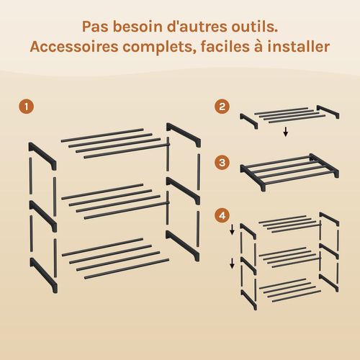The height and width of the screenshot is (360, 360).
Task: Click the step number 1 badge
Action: point(27,107)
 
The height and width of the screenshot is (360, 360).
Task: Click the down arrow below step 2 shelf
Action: point(286,132)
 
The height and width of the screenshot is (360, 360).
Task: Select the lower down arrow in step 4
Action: point(233,264)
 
